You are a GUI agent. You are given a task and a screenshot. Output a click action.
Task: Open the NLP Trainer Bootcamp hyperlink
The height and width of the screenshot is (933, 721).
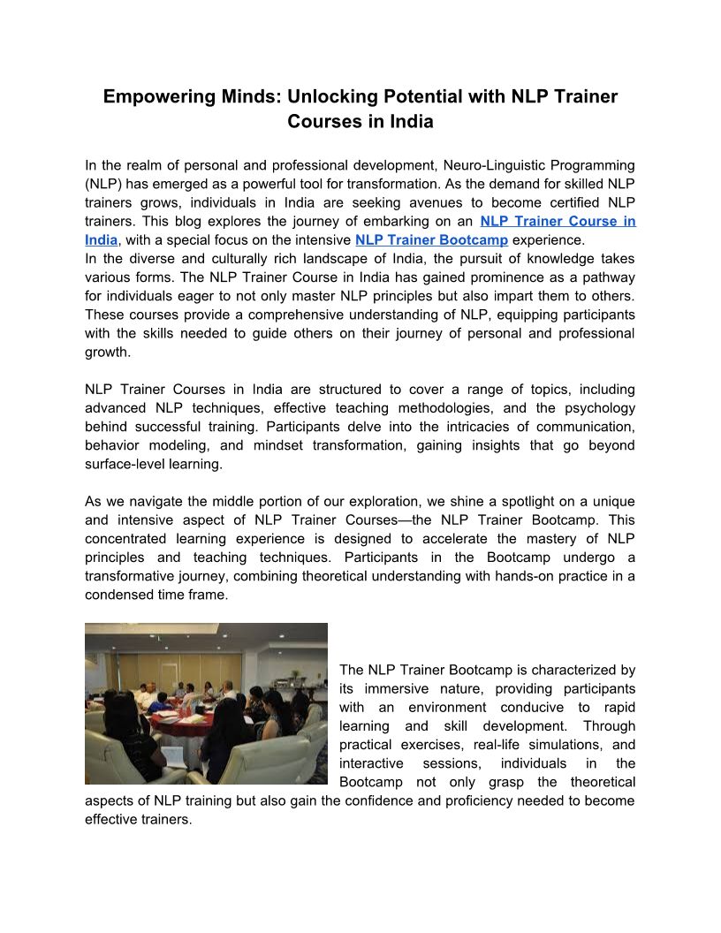pyautogui.click(x=431, y=239)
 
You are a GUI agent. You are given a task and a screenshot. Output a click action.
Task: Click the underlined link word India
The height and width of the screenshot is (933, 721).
pyautogui.click(x=101, y=239)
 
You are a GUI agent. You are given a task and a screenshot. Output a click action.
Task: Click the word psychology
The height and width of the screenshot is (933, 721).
pyautogui.click(x=600, y=407)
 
